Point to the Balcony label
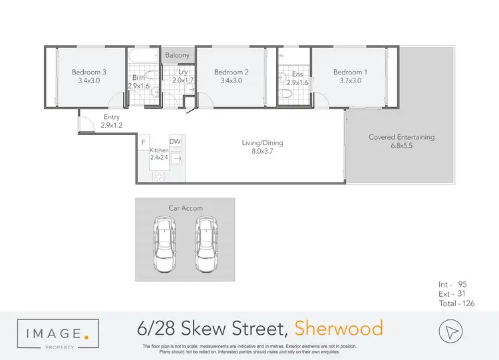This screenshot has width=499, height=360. click(178, 55)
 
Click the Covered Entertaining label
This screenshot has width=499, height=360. click(401, 138)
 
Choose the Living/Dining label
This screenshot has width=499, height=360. click(259, 142)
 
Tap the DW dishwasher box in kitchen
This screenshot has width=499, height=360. click(176, 142)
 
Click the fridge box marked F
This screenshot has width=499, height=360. click(144, 142)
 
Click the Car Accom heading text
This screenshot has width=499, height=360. click(185, 208)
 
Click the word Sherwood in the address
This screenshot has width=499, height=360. click(339, 328)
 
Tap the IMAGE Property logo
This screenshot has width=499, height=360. click(58, 333)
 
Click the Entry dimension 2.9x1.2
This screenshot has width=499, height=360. click(112, 125)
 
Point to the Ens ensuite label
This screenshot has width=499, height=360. click(297, 75)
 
